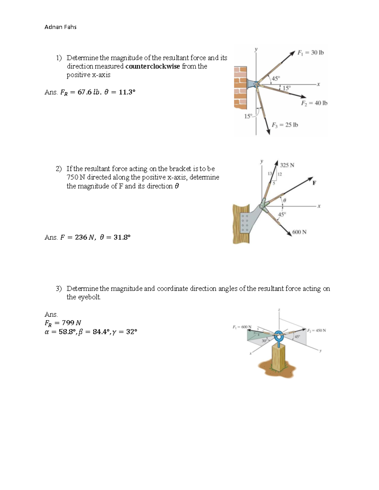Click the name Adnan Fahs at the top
tap(60, 27)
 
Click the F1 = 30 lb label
tap(310, 53)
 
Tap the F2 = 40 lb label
tap(314, 103)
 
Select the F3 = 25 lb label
tap(285, 125)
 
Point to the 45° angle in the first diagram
tap(276, 78)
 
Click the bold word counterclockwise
tap(153, 66)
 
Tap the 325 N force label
tap(287, 165)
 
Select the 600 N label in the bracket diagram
tap(299, 232)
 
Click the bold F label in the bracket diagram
tap(314, 183)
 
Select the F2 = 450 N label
tap(316, 331)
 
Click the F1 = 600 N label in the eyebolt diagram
tap(242, 327)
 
